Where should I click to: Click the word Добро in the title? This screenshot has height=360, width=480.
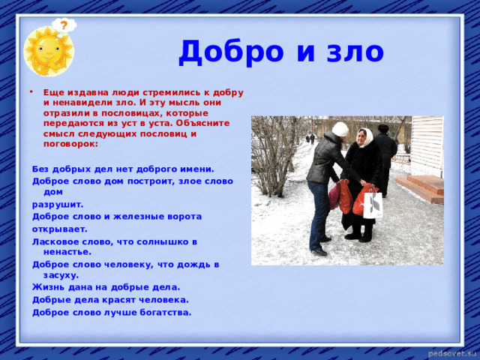click(231, 52)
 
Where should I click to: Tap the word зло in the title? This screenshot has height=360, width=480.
click(355, 52)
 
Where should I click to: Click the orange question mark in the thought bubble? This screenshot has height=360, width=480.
click(64, 25)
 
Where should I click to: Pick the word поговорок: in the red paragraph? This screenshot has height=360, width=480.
click(70, 144)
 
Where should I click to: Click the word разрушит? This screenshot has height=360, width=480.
click(58, 205)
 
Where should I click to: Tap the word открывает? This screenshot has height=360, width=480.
click(60, 229)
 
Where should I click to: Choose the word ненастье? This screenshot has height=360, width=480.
click(67, 252)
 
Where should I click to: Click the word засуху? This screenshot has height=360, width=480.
click(61, 275)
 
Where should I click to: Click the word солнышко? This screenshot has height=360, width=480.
click(163, 241)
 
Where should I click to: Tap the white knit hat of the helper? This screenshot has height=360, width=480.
click(340, 129)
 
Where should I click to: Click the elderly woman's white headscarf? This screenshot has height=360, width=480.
click(367, 137)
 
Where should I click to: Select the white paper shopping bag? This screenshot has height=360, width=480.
click(373, 205)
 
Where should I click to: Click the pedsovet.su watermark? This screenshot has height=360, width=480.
click(453, 353)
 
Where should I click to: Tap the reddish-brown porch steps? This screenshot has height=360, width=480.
click(421, 188)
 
